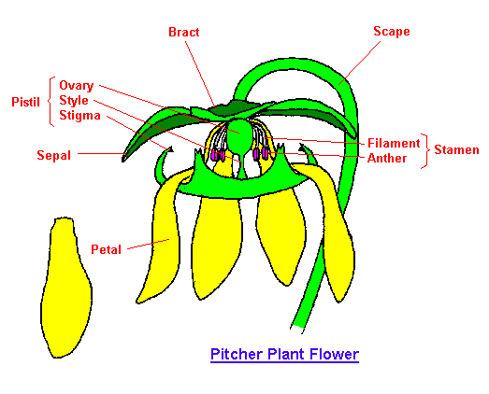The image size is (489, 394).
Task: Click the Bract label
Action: click(183, 32)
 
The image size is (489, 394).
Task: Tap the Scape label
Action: click(392, 32)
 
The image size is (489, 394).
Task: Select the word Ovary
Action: click(77, 86)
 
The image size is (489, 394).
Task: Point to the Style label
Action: click(74, 100)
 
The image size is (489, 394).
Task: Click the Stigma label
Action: click(79, 116)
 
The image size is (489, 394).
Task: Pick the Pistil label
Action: click(25, 102)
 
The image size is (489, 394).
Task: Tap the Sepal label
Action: click(54, 155)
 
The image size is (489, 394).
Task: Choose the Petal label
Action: click(106, 249)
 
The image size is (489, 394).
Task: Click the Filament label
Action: click(394, 143)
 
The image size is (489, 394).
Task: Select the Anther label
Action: click(387, 158)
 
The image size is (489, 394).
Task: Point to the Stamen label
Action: click(456, 150)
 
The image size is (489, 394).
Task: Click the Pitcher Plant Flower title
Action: click(285, 355)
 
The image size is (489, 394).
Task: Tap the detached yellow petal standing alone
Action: click(66, 287)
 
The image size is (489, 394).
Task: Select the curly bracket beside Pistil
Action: click(51, 102)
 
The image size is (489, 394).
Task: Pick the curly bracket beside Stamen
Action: click(425, 151)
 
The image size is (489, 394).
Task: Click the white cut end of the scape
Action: click(297, 329)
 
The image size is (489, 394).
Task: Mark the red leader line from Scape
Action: click(360, 63)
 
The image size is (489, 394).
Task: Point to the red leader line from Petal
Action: click(149, 245)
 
